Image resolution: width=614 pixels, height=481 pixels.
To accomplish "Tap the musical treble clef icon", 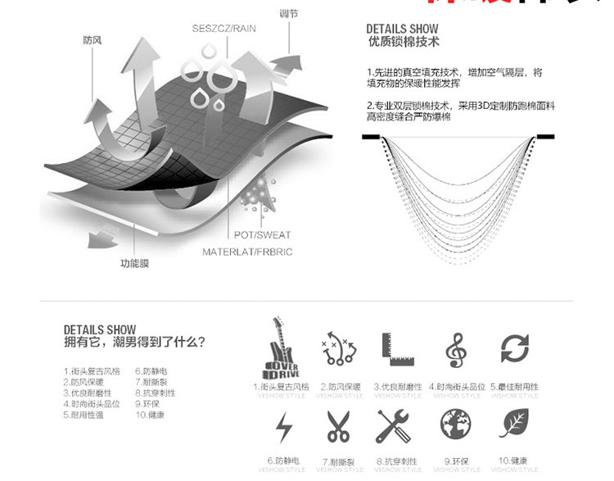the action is coord(456,350).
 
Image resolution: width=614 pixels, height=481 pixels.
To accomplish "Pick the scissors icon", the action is coord(337,427).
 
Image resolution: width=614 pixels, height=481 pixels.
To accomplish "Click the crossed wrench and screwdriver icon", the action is coord(396,427).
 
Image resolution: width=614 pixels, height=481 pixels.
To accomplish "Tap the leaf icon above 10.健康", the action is coord(514,425).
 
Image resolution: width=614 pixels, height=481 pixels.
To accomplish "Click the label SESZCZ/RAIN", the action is coord(224,28).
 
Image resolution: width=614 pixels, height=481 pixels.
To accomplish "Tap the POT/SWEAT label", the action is coord(262,235).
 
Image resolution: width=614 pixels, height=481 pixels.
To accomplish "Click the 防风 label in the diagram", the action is coord(93,39).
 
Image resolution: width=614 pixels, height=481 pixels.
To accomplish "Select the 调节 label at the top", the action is coord(288,14).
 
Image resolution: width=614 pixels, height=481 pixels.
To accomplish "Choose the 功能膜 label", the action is coord(134,263).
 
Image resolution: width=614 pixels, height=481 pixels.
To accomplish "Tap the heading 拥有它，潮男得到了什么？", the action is coord(134,342).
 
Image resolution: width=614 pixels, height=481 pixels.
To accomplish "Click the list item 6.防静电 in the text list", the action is coord(148,370).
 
